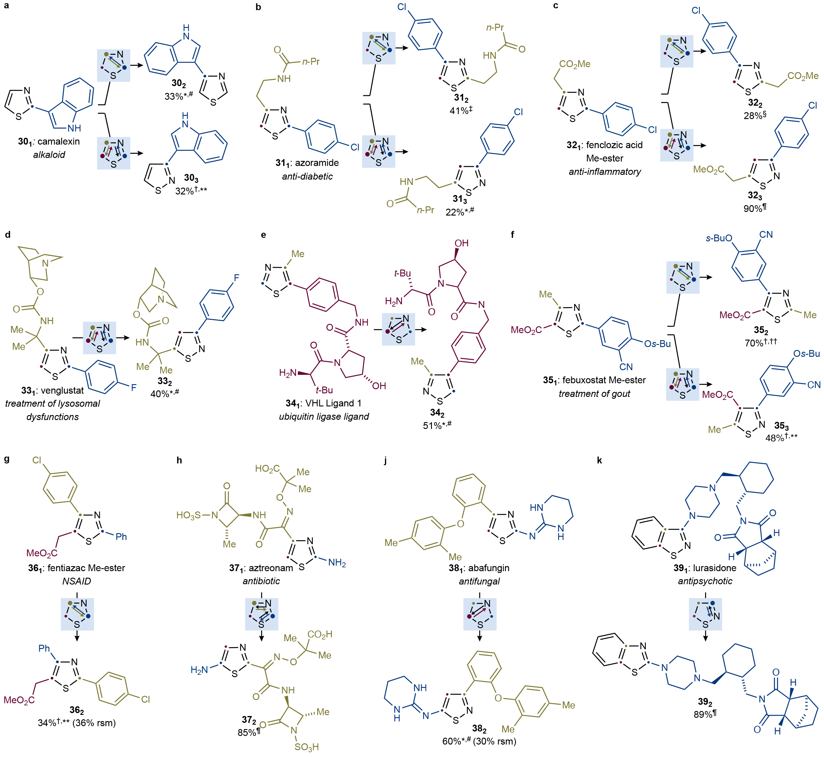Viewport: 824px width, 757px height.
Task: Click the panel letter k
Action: [599, 460]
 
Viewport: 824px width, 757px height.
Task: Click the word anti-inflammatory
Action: [605, 172]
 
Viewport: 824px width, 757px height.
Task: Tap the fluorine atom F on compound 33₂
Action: [236, 278]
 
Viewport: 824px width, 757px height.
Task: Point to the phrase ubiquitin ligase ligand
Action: [324, 416]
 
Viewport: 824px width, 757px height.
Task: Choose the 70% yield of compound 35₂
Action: [754, 343]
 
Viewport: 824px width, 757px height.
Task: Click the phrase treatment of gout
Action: [594, 394]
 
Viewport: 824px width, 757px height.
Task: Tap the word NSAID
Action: [77, 581]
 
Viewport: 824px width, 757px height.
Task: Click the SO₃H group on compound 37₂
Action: [307, 747]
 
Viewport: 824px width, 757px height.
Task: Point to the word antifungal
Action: [479, 581]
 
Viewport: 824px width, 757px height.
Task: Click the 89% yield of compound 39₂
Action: [702, 714]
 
